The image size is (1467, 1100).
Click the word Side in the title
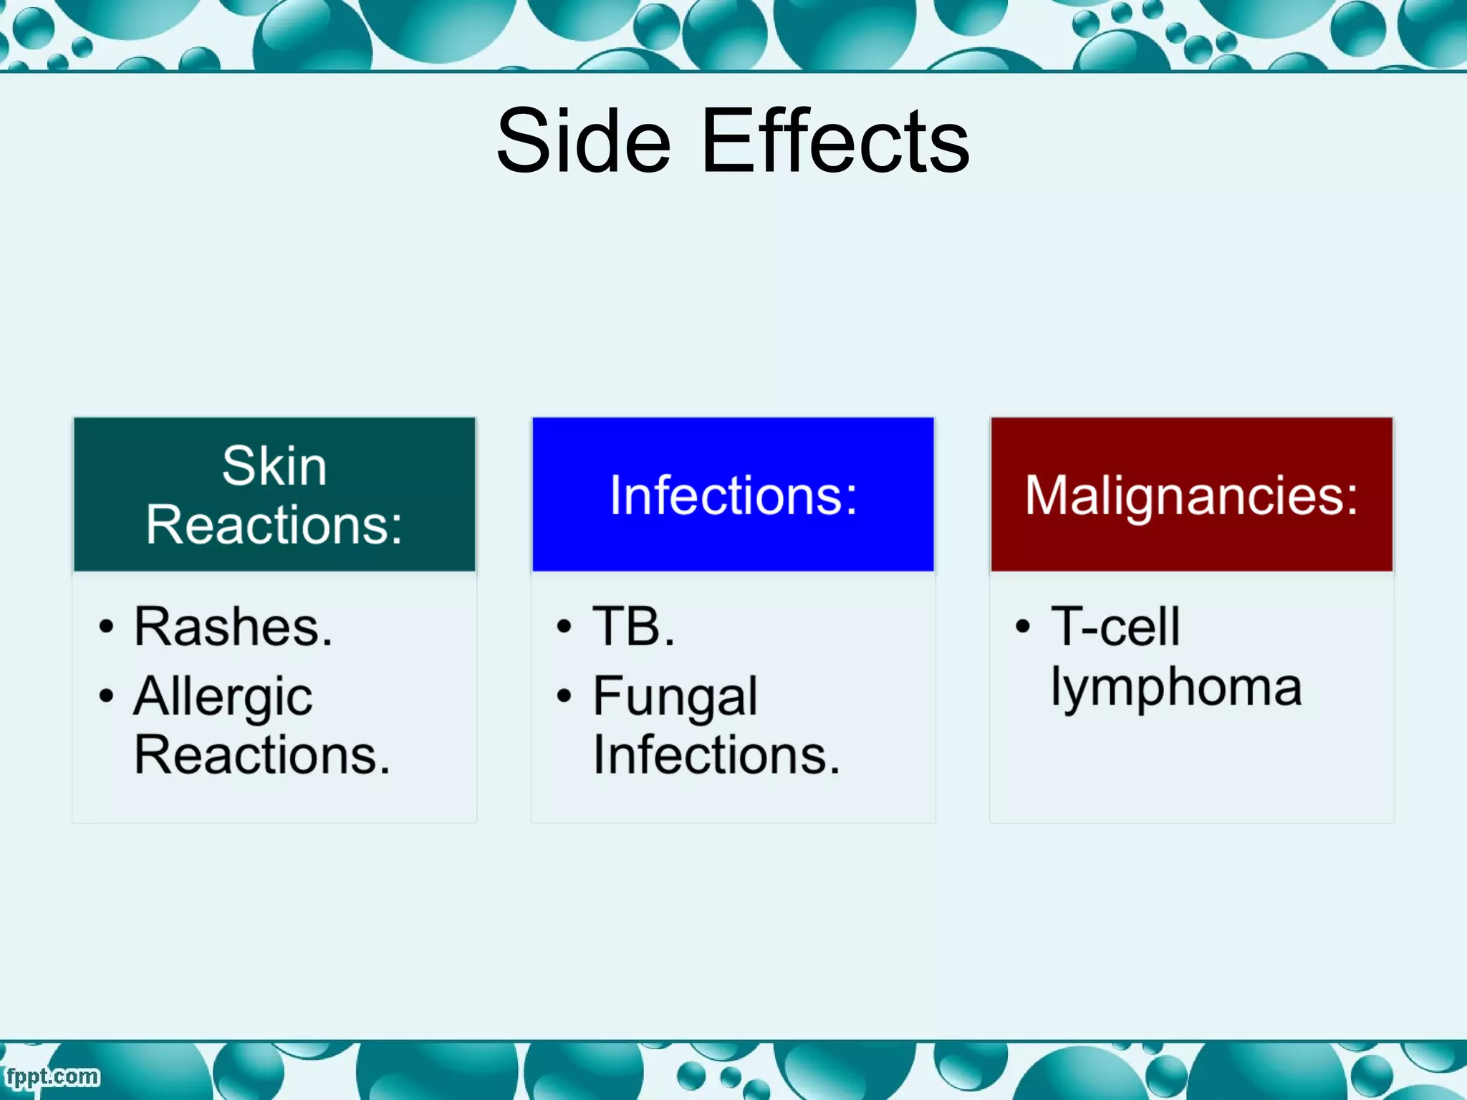pos(583,141)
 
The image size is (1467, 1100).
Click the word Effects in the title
pos(835,141)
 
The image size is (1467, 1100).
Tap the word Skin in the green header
pos(274,466)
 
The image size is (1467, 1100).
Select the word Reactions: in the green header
pos(274,525)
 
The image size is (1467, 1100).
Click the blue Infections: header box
pos(733,495)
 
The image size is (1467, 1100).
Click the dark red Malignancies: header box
pos(1191,495)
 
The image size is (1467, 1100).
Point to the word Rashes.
pos(234,627)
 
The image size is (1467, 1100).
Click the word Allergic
pos(223,697)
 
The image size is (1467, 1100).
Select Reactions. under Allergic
pos(262,755)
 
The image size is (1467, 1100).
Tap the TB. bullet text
pos(633,627)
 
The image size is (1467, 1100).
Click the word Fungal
pos(675,697)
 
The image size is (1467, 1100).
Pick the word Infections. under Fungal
pos(716,755)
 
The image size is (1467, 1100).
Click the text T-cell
pos(1115,627)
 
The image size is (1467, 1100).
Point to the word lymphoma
pos(1175,687)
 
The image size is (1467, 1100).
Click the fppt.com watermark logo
pos(52,1076)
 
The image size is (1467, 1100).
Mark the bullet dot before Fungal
pos(564,695)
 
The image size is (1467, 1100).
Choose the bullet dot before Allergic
pos(106,695)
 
